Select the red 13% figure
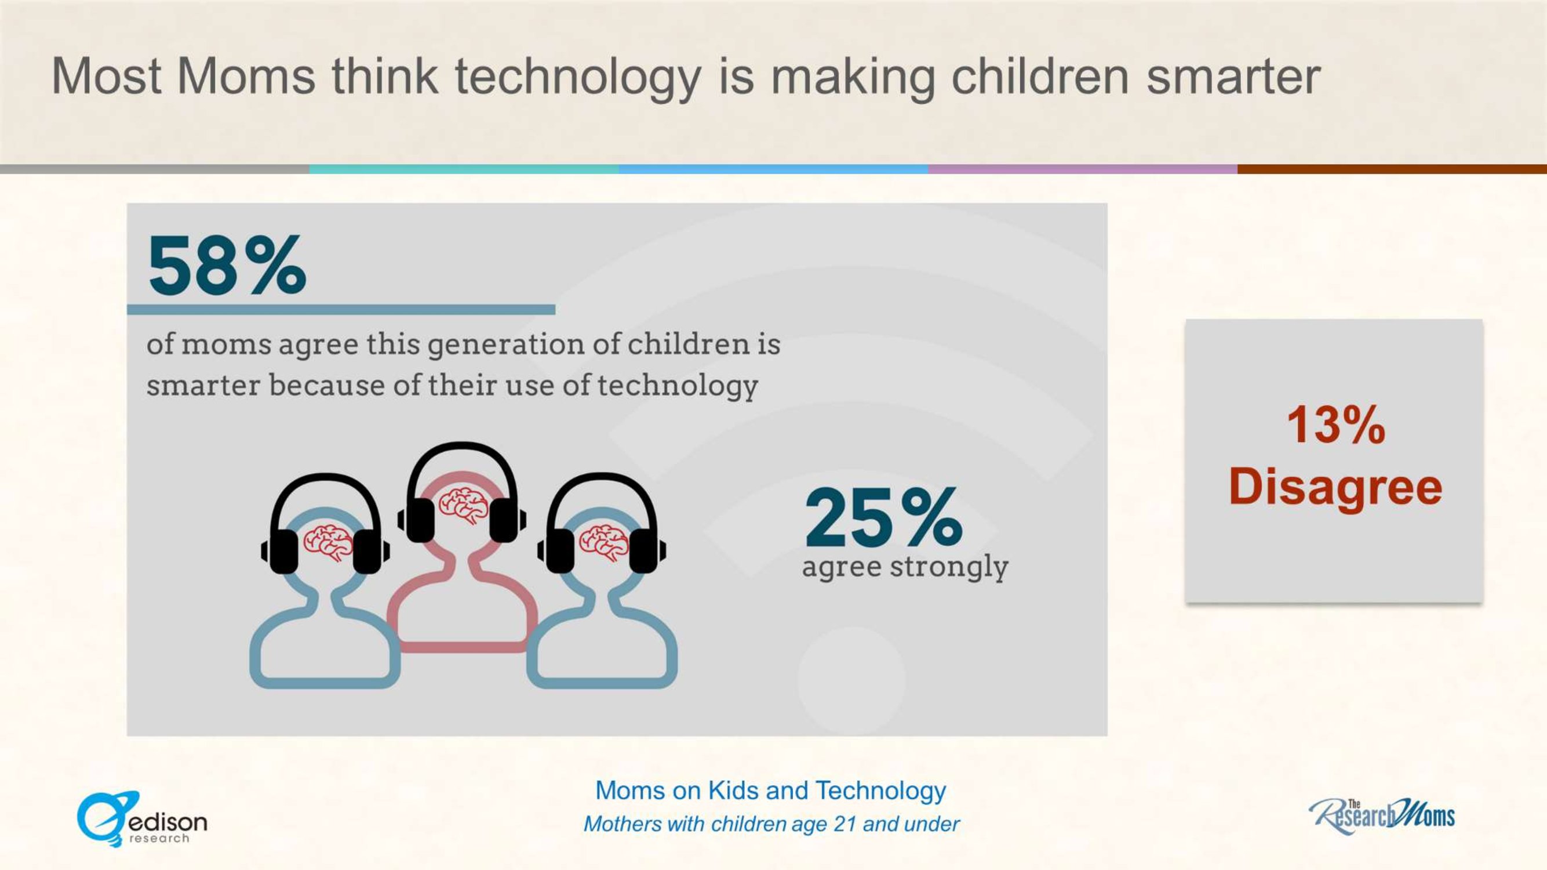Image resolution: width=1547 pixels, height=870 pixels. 1335,425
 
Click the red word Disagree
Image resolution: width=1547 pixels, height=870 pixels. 1335,487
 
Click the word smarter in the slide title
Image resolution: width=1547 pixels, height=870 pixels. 1233,78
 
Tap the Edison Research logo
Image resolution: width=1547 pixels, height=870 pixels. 142,819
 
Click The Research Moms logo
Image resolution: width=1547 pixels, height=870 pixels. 1382,816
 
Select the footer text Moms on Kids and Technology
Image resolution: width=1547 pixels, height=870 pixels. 770,791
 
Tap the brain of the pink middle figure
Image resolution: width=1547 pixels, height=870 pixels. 463,505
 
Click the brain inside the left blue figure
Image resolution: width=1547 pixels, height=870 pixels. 327,542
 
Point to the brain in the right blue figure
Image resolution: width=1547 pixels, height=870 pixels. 603,542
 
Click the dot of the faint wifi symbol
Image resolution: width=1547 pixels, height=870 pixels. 851,679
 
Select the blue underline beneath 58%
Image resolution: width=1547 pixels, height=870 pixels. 341,309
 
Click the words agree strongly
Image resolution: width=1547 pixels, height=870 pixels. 905,567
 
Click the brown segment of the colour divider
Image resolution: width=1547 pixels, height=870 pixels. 1392,169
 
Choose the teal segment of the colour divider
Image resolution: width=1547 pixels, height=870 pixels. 464,169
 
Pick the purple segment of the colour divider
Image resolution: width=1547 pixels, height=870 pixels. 1083,169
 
